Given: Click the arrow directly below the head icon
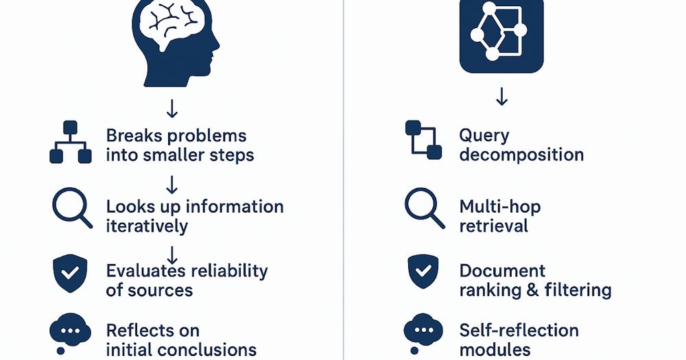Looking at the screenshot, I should click(172, 108).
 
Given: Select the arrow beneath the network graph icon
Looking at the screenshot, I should click(501, 97).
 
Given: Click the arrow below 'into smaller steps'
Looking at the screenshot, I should click(172, 184).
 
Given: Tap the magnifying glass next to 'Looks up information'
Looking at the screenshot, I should click(72, 208).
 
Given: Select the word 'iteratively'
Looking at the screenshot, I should click(147, 226).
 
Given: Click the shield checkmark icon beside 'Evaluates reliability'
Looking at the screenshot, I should click(70, 273).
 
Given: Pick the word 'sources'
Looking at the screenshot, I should click(159, 289).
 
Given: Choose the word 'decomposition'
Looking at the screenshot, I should click(521, 154).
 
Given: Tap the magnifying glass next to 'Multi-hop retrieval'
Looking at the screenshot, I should click(423, 208).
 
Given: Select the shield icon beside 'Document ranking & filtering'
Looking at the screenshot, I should click(424, 272).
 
